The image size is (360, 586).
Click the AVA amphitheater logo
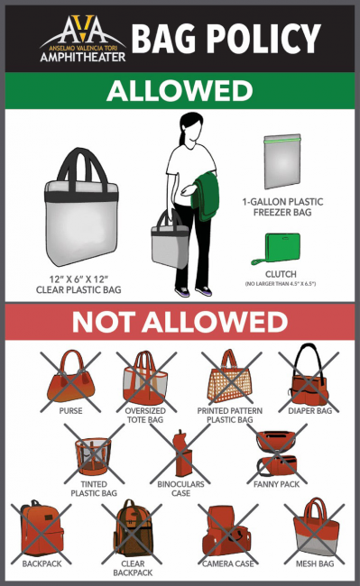(83, 39)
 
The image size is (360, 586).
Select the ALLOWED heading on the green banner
(180, 91)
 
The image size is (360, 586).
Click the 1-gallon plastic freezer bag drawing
(282, 161)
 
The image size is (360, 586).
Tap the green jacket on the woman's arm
(205, 196)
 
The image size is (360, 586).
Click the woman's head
(191, 129)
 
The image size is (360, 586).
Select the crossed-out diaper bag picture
(309, 376)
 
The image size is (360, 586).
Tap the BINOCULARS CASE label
(181, 489)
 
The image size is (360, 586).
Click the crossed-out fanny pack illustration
(277, 453)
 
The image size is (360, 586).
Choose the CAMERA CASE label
(228, 563)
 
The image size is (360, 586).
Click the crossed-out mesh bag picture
(316, 527)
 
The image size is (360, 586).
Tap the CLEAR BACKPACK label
(133, 568)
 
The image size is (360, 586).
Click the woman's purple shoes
(193, 291)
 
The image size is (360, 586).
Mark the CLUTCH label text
(281, 274)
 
